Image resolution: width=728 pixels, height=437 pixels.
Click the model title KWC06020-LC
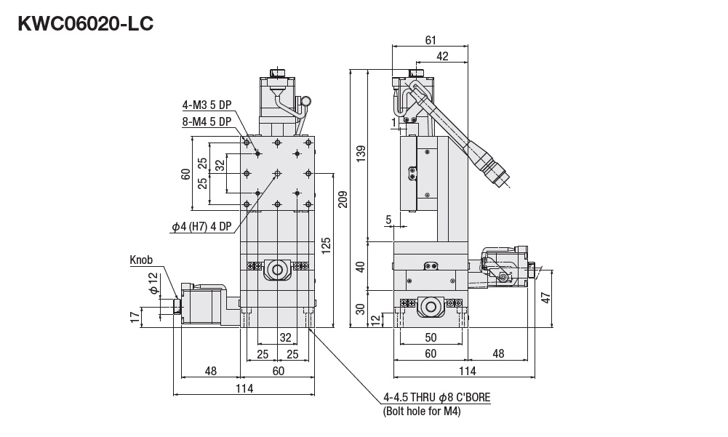tap(85, 24)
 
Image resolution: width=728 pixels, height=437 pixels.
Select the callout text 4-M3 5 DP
tap(207, 105)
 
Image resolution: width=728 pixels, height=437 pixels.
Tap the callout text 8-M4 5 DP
tap(207, 121)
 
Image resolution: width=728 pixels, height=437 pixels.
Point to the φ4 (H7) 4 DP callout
tap(201, 227)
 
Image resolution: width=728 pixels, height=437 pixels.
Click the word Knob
tap(141, 260)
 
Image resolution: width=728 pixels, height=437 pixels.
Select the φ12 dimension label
tap(153, 284)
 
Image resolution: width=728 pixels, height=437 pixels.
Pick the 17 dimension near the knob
tap(135, 318)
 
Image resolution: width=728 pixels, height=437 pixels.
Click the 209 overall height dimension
tap(343, 199)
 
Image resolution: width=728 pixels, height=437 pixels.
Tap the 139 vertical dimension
tap(361, 154)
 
